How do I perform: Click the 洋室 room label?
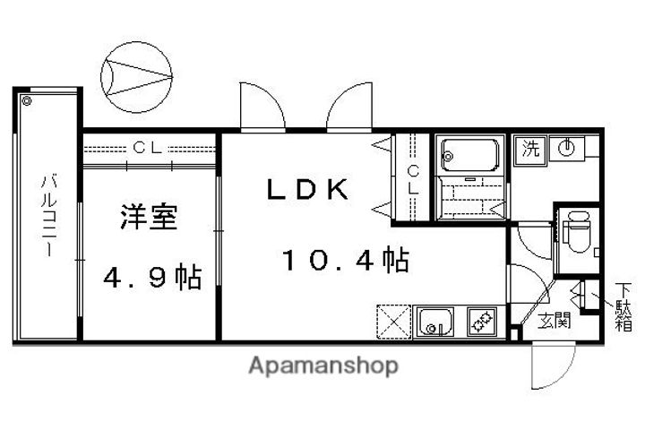coord(149,219)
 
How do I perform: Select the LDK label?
coord(306,190)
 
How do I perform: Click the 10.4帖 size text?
coord(346,262)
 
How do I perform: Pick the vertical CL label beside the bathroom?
coord(413,179)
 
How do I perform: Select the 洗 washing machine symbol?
coord(531,149)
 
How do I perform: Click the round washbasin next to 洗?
coord(565,148)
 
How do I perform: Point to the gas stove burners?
coord(480,320)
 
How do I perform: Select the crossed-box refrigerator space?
coord(392,320)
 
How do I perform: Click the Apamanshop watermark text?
coord(323,365)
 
